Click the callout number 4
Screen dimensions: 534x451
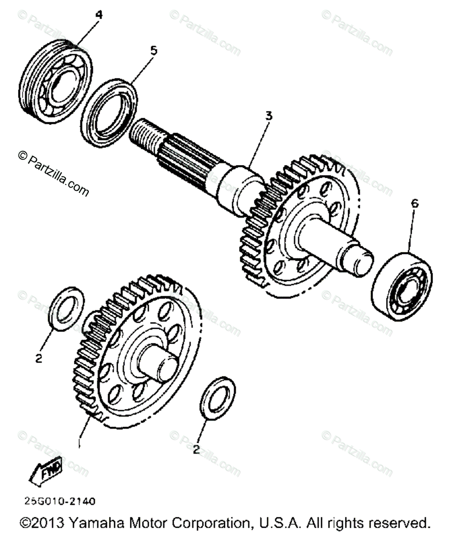99,15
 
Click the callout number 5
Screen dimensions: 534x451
154,51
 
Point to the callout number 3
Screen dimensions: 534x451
269,116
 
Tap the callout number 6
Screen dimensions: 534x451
414,204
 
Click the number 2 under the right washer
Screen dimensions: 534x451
196,449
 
